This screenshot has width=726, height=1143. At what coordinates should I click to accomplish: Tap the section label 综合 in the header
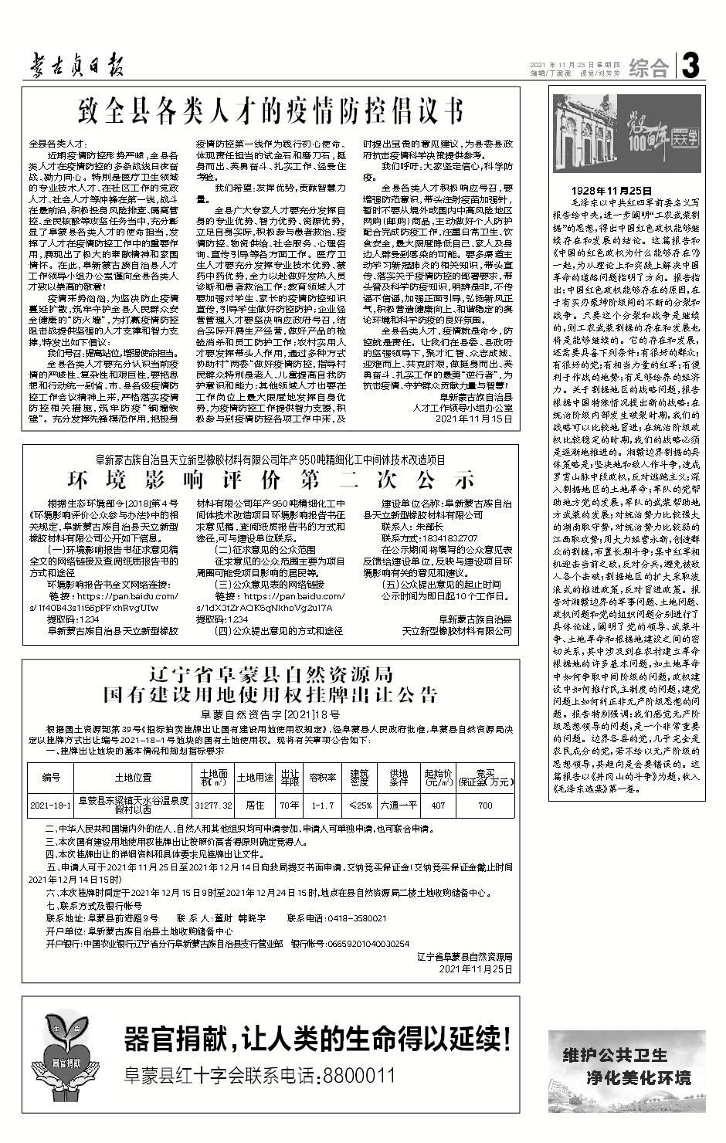(648, 68)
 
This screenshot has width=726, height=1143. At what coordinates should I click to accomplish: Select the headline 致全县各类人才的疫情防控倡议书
(271, 111)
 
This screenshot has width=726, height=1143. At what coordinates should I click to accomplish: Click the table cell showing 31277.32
(214, 806)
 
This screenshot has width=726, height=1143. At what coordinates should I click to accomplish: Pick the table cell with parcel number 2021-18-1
(50, 806)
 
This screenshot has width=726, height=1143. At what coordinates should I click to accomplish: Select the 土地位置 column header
(133, 777)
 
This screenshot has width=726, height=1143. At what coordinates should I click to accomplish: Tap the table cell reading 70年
(290, 806)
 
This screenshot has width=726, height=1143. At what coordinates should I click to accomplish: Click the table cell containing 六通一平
(399, 806)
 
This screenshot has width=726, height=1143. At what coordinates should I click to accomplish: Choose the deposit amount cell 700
(485, 806)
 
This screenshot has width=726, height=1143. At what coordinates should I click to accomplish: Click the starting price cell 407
(438, 806)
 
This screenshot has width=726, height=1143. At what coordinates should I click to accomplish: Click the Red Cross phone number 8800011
(358, 1076)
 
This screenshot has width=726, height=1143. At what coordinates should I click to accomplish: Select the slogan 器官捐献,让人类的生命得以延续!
(317, 1040)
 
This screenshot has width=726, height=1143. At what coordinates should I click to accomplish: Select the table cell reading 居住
(255, 806)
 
